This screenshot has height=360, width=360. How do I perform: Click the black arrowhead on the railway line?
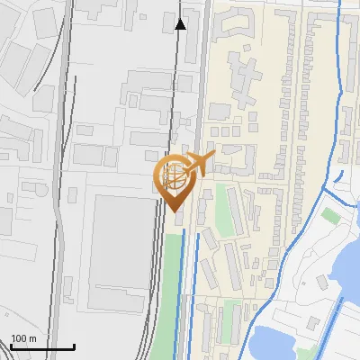[181, 23]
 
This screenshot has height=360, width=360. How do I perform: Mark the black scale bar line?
[41, 346]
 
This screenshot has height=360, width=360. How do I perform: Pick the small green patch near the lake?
[331, 216]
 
